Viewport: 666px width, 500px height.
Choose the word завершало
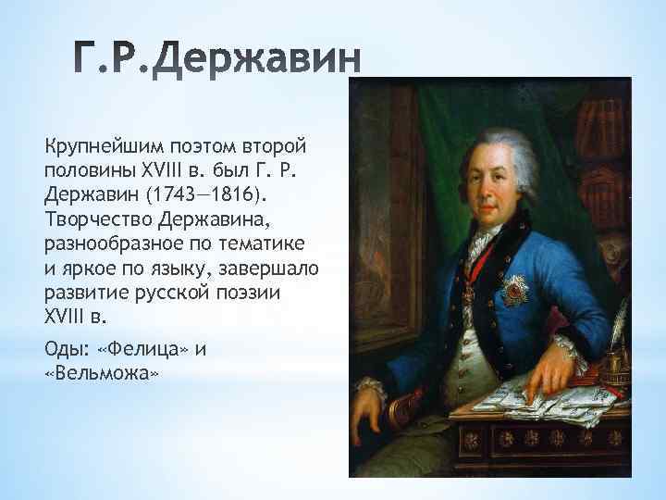coord(275,268)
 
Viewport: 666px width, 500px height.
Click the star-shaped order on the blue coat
coord(513,291)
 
